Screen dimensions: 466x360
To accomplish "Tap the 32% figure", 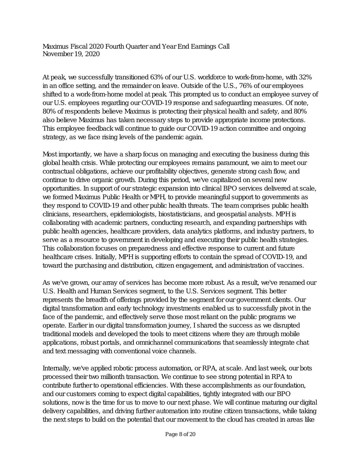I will click(x=305, y=77).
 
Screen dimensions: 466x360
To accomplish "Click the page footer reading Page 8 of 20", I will click(x=180, y=434).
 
